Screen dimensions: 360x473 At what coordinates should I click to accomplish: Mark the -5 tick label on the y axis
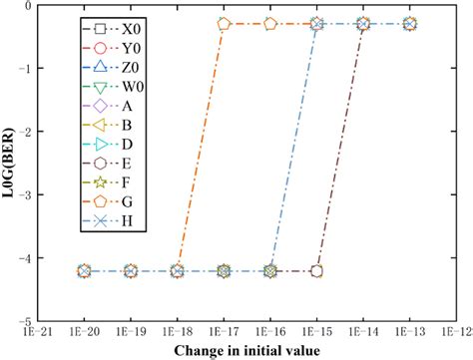tap(24, 322)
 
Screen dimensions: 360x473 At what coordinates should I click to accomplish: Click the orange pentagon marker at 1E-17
tap(224, 23)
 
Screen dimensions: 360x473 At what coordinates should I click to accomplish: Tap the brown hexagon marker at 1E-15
tap(317, 270)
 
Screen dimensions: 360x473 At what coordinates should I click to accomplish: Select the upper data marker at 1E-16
tap(270, 23)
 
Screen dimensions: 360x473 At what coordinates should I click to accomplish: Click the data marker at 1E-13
tap(410, 23)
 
